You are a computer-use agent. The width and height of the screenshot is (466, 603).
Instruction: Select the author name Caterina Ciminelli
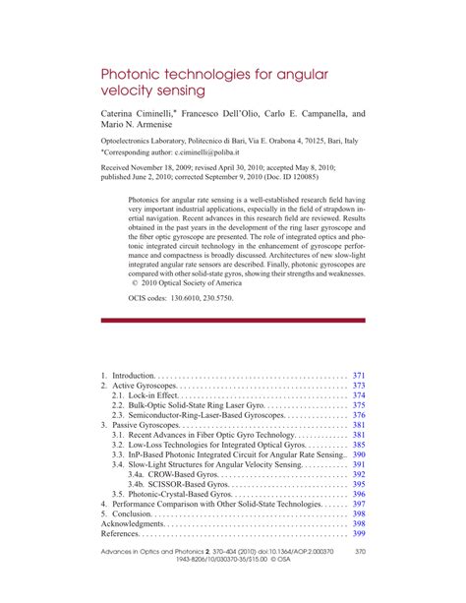[142, 115]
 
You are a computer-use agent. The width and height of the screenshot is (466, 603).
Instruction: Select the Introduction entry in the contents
[134, 376]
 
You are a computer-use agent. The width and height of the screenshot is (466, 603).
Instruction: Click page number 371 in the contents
[359, 376]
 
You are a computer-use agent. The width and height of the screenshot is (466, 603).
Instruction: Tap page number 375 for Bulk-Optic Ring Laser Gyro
[359, 406]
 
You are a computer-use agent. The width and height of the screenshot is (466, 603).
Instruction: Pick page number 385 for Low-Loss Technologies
[359, 445]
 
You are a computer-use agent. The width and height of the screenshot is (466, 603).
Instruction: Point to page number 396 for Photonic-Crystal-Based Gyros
[359, 494]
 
